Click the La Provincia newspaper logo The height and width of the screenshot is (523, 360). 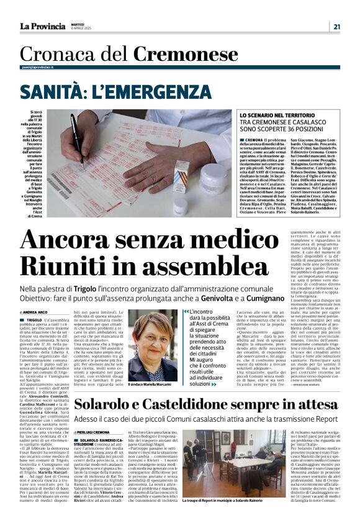coord(43,26)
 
